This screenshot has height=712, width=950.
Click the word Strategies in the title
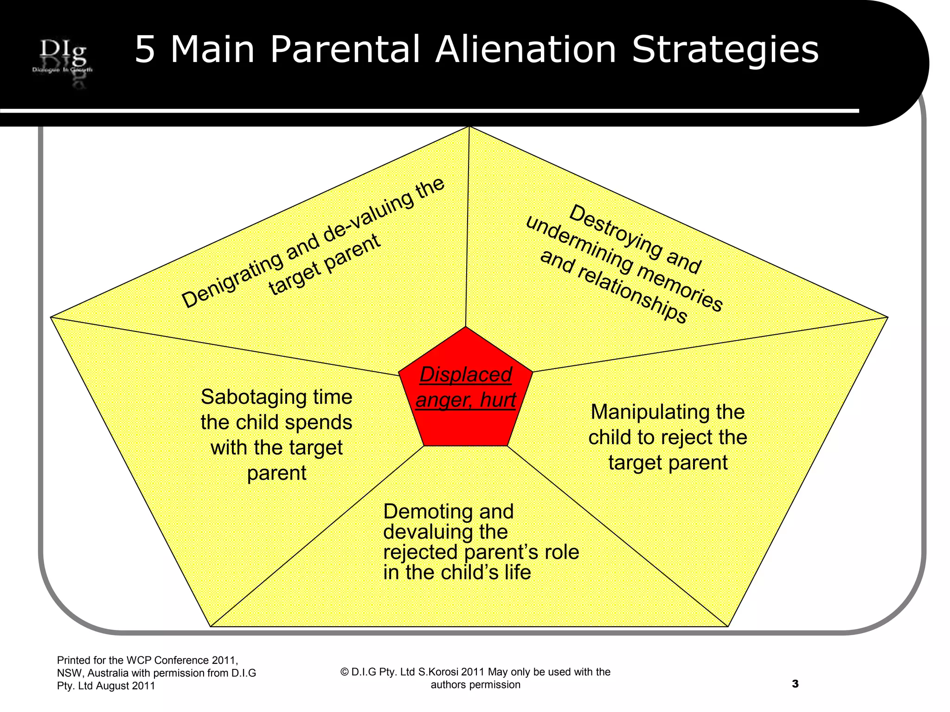(x=725, y=50)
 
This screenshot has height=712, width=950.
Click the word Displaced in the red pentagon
(x=466, y=375)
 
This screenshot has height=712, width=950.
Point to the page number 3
(x=795, y=684)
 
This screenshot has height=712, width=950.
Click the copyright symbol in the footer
(x=344, y=672)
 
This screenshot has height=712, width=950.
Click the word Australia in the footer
(x=108, y=673)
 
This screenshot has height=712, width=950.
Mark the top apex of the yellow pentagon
(x=469, y=127)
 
